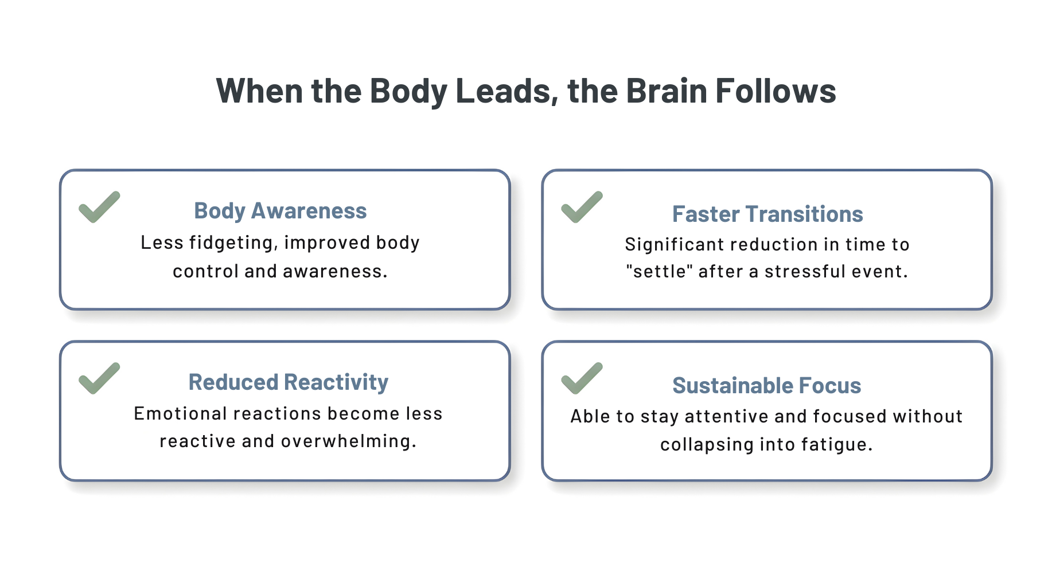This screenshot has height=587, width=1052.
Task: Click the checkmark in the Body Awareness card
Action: coord(99,207)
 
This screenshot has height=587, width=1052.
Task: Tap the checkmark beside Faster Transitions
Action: coord(581,207)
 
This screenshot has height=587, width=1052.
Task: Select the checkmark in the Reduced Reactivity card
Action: coord(99,378)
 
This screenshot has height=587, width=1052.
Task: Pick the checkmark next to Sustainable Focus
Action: coord(581,378)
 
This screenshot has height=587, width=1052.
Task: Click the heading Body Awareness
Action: coord(280,211)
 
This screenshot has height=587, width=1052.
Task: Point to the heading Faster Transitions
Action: coord(767,214)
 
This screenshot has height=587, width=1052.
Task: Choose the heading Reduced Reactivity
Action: coord(288,382)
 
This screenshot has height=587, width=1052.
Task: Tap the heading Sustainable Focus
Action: coord(766,386)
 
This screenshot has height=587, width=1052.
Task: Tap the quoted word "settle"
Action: coord(659,271)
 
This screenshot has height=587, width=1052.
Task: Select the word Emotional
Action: coord(180,414)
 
